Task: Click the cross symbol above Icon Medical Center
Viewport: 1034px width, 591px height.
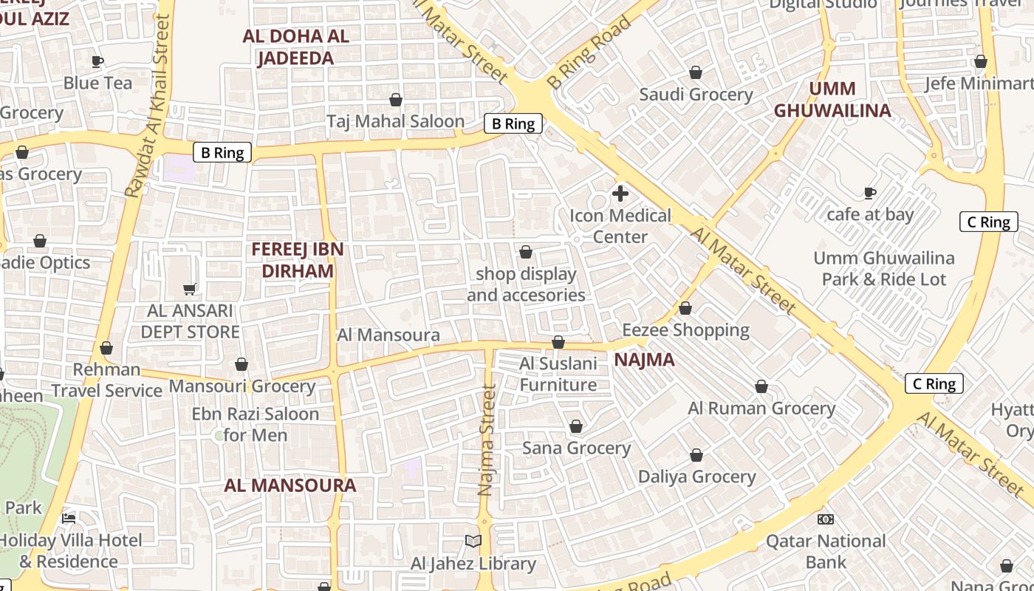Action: click(x=620, y=194)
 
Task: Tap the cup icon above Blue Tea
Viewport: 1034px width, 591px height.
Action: click(x=97, y=61)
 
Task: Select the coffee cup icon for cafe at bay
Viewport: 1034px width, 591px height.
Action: click(x=870, y=193)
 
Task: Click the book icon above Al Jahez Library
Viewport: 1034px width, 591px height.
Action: click(x=473, y=542)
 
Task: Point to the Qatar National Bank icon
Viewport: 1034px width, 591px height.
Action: click(x=826, y=519)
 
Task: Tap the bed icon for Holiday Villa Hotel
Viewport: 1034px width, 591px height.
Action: click(x=69, y=519)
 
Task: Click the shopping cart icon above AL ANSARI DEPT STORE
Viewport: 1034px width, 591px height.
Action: click(x=190, y=289)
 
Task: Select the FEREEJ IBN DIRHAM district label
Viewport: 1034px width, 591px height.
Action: click(x=298, y=260)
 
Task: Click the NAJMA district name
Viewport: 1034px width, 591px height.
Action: click(x=645, y=360)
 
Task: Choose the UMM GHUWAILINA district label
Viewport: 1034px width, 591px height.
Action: click(x=832, y=100)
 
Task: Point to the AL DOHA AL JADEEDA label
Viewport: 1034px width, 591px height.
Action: click(x=295, y=47)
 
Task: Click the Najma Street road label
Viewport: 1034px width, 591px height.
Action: click(x=486, y=440)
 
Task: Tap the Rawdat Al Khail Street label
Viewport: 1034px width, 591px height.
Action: click(x=148, y=106)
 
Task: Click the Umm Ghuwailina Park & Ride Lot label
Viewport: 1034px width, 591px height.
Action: click(x=884, y=269)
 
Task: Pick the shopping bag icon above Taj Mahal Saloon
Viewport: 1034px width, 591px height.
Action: click(x=396, y=100)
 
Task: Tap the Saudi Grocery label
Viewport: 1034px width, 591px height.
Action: click(x=696, y=95)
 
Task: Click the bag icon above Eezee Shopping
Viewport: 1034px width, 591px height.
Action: click(x=685, y=308)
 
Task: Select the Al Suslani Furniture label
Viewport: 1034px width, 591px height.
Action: click(x=558, y=374)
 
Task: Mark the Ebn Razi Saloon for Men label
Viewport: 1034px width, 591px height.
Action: click(x=256, y=424)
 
